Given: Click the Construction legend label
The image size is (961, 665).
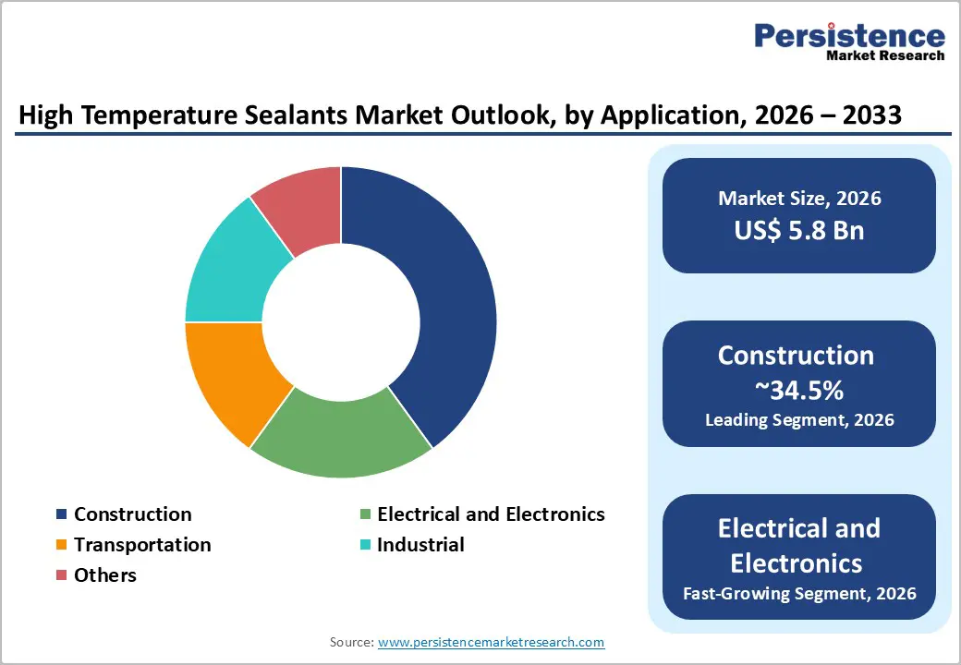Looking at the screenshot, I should [x=132, y=514].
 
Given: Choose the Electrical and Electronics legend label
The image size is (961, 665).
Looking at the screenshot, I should [x=491, y=514].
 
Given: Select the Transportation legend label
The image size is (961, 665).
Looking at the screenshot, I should [x=142, y=545].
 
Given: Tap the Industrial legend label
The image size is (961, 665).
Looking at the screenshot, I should [x=420, y=545].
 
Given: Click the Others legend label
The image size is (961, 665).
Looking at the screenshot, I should [x=104, y=575].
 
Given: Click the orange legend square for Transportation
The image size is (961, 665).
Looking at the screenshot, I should [x=62, y=546].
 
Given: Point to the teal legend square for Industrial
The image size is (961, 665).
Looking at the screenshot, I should [x=365, y=546].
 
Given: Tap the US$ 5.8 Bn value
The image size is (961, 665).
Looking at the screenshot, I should [x=799, y=230].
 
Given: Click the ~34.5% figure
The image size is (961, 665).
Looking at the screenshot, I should [x=799, y=391].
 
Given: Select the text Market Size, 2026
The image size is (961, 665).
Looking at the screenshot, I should [x=799, y=199].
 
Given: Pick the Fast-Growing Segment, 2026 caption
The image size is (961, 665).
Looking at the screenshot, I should [x=799, y=593].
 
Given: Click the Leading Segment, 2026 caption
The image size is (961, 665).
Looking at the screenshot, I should [x=799, y=420].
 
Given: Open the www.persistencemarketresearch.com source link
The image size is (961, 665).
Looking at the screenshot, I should [x=491, y=642].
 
